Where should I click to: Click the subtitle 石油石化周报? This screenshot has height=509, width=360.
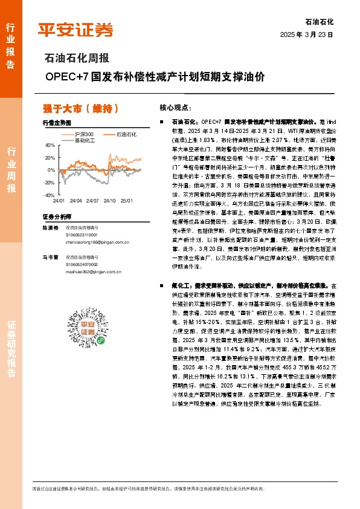(x=77, y=59)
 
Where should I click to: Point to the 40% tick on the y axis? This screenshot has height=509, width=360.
(x=50, y=145)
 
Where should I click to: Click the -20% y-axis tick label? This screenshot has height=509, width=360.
(x=49, y=183)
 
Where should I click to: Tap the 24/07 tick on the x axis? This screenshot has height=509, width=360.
(x=92, y=200)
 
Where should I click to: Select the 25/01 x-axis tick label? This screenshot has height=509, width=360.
(x=126, y=200)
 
